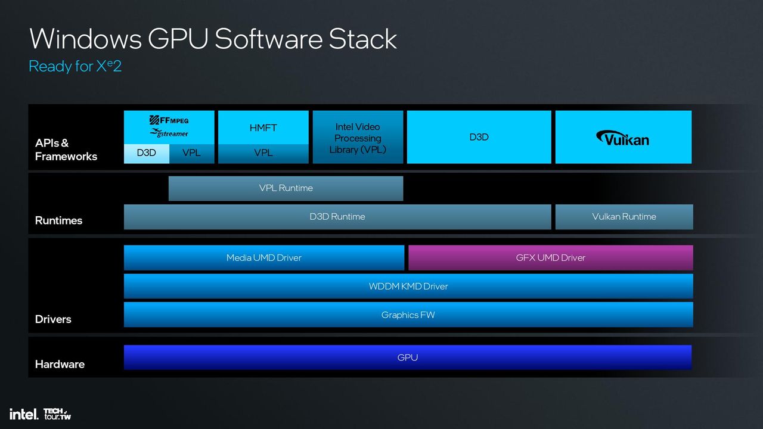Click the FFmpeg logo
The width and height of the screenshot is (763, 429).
tap(169, 120)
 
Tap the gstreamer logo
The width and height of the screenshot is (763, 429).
tap(169, 133)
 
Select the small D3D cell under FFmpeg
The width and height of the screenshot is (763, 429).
tap(147, 153)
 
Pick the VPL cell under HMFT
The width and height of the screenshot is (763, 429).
tap(263, 153)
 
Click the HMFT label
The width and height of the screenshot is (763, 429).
tap(263, 128)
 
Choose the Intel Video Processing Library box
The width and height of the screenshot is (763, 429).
tap(358, 137)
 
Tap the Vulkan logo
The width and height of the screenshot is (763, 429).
tap(623, 138)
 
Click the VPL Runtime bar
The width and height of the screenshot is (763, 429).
tap(286, 188)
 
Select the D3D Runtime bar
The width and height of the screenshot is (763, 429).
tap(337, 217)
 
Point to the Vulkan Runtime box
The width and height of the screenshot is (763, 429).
tap(624, 217)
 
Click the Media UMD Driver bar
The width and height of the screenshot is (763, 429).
tap(264, 258)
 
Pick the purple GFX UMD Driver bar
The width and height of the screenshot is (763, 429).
tap(550, 258)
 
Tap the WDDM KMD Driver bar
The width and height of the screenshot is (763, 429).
tap(408, 287)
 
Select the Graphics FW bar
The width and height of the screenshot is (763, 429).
tap(408, 315)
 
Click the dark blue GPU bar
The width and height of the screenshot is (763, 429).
tap(407, 357)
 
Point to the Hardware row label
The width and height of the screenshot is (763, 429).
tap(60, 364)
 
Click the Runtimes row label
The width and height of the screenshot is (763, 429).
tap(58, 220)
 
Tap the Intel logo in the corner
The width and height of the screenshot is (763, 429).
tap(24, 414)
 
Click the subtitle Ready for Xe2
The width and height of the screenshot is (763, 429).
tap(75, 66)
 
